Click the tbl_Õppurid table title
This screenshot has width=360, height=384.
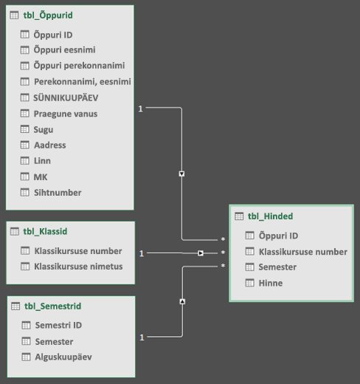[x=48, y=16]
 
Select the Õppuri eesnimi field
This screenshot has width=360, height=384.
[x=64, y=50]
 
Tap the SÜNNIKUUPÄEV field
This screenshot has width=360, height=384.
[x=66, y=97]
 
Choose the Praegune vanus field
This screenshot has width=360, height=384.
[x=66, y=114]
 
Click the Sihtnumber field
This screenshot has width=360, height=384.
[x=58, y=193]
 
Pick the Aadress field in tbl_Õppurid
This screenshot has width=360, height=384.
[x=50, y=145]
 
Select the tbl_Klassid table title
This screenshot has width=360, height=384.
[x=45, y=231]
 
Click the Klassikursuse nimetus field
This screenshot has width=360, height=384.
[x=78, y=267]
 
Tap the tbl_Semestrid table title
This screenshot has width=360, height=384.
[x=52, y=306]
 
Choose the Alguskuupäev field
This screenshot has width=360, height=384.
[x=63, y=357]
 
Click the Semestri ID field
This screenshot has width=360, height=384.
[x=58, y=325]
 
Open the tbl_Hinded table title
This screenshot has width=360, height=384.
[x=270, y=216]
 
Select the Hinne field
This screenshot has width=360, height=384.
[x=271, y=283]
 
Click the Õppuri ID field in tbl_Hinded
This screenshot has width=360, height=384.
[x=278, y=236]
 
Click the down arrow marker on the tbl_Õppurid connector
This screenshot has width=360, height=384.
[x=181, y=174]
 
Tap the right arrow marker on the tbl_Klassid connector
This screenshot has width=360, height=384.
[x=201, y=253]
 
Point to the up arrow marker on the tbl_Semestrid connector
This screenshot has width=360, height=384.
[x=182, y=301]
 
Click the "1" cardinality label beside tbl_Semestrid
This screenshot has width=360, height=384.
[x=142, y=337]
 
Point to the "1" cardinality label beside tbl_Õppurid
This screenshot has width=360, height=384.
[x=140, y=109]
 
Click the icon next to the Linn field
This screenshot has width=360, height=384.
[x=24, y=161]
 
